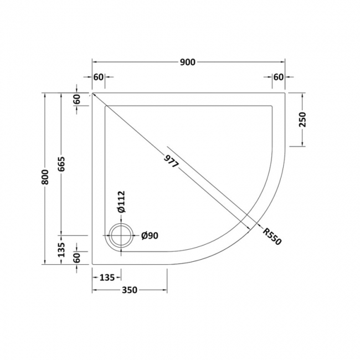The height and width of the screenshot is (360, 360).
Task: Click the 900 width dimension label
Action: point(188,62)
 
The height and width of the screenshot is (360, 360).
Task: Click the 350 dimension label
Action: point(129,290)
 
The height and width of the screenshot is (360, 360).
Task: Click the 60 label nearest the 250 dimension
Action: point(278,77)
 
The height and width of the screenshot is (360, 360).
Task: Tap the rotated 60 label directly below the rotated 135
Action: point(77,258)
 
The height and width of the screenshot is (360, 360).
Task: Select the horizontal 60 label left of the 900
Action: point(98,77)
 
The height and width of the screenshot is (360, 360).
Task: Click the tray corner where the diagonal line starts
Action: point(92,93)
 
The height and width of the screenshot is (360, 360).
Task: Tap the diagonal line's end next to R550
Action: point(259,227)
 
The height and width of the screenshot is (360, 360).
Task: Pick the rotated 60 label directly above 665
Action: point(77,100)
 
